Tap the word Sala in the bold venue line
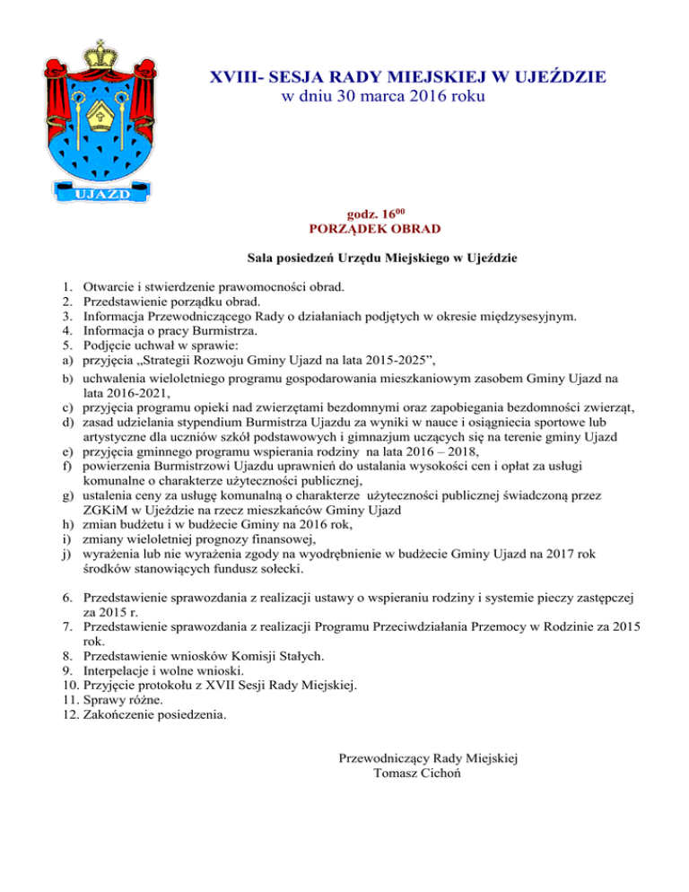coord(261,259)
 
